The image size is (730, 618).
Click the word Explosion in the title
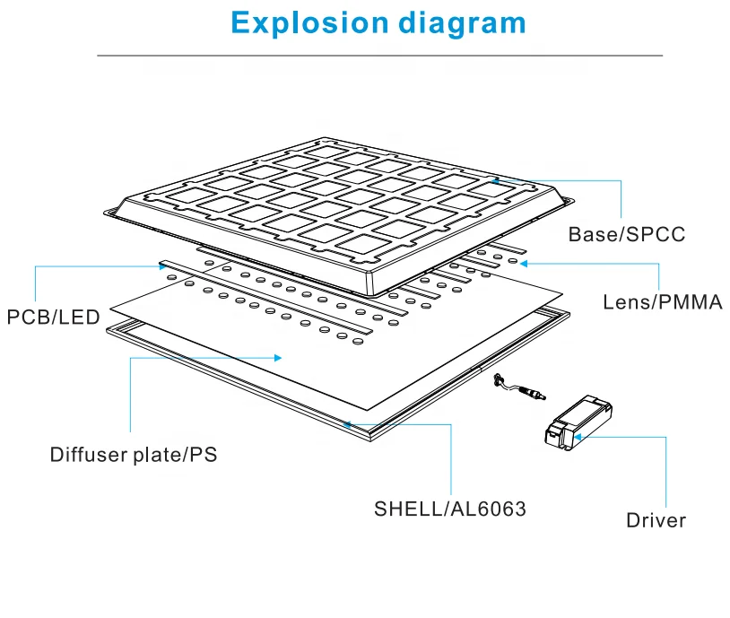[309, 23]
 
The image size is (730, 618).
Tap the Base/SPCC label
[627, 234]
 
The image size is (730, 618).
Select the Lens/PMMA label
[663, 302]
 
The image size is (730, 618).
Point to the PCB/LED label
[54, 318]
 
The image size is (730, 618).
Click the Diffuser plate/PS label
[134, 455]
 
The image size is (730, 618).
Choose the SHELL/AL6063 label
[450, 509]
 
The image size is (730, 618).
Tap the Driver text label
[656, 520]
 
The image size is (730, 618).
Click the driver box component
[578, 422]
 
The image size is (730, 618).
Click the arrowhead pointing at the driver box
[578, 437]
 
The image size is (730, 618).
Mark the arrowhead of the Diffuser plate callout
[278, 358]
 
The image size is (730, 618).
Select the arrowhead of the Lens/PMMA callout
[524, 264]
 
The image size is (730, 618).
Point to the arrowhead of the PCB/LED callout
[162, 266]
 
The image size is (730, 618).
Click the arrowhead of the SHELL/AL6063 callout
[347, 424]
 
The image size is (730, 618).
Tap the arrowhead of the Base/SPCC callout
[496, 180]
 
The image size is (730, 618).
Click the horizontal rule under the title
[380, 56]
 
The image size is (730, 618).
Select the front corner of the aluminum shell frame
[370, 440]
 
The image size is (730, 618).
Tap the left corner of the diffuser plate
[111, 309]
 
